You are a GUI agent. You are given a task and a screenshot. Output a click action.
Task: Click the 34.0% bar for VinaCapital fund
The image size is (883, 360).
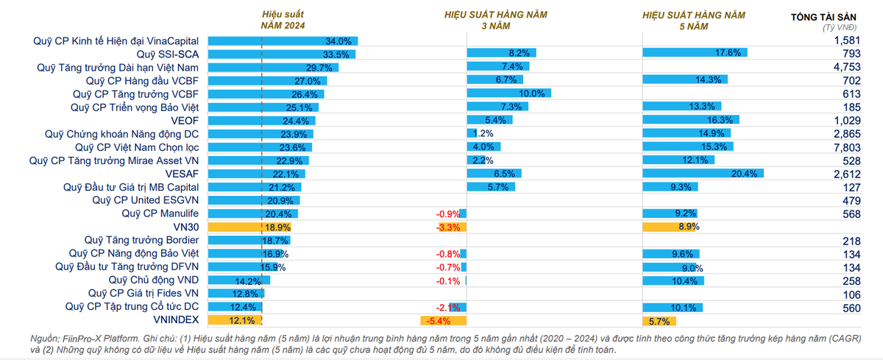[x=283, y=41]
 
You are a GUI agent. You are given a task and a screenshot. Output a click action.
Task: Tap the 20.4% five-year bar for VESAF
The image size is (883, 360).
[x=703, y=174]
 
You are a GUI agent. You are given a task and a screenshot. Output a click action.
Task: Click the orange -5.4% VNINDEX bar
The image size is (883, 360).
[x=443, y=320]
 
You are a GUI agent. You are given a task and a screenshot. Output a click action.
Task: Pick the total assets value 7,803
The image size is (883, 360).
[x=846, y=147]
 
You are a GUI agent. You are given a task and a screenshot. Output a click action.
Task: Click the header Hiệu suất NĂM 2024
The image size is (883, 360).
[x=283, y=20]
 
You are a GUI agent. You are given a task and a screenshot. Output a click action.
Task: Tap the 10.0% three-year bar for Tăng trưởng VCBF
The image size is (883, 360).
[x=509, y=94]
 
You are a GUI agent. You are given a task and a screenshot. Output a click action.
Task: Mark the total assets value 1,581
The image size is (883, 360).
[x=846, y=41]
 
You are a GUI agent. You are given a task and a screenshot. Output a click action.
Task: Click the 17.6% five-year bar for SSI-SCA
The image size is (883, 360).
[x=695, y=53]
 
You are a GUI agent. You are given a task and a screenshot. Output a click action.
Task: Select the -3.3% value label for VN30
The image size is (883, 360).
[x=448, y=227]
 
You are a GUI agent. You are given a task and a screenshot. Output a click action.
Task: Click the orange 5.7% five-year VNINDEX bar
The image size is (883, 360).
[x=659, y=320]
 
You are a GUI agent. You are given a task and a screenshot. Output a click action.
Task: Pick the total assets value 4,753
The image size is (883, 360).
[x=846, y=68]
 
